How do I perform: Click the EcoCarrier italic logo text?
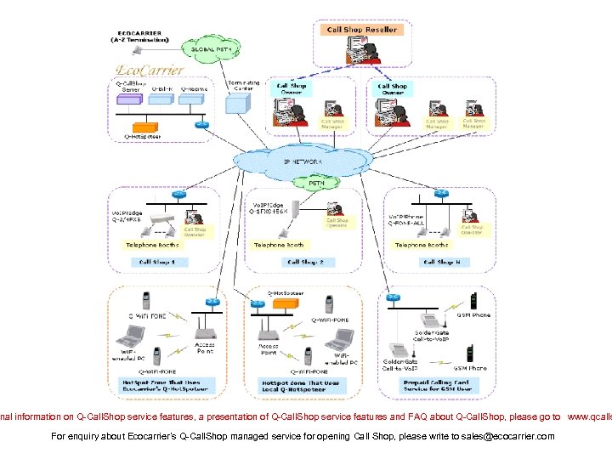[150, 69]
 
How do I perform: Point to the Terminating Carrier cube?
[237, 102]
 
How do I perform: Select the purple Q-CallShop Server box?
[130, 99]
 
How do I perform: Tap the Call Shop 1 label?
[157, 262]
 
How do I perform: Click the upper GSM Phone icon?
[473, 302]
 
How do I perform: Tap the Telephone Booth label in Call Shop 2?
[278, 245]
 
